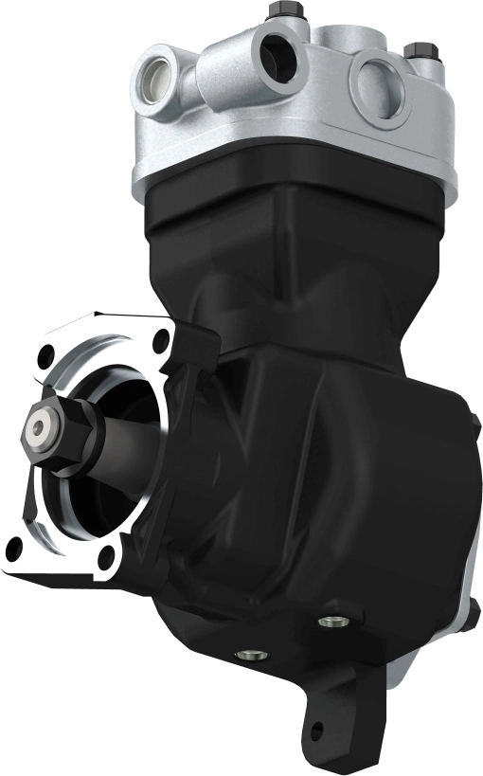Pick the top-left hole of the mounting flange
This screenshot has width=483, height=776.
(43, 358)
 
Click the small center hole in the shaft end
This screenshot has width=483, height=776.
(38, 430)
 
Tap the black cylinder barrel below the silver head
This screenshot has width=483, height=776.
(284, 246)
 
